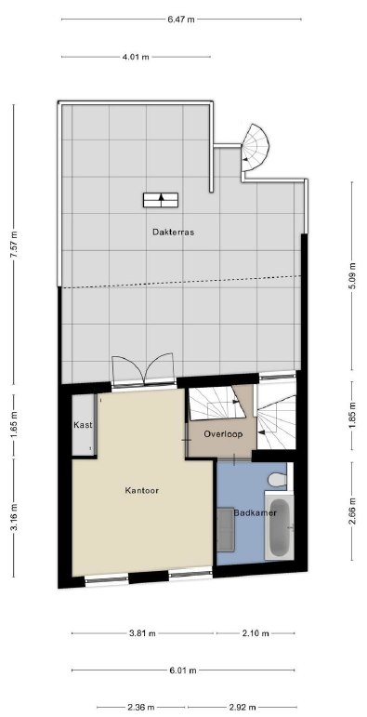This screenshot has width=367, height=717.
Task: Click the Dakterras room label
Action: [173, 232]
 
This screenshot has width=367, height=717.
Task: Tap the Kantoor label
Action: [141, 491]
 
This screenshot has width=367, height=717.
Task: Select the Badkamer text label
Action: [255, 513]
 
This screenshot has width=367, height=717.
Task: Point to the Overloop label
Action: [223, 434]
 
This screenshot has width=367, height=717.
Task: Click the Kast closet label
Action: [83, 425]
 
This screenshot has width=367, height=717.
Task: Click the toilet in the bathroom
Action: [277, 480]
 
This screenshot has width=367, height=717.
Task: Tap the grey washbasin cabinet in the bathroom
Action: [226, 529]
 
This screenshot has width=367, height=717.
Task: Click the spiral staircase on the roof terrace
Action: [255, 148]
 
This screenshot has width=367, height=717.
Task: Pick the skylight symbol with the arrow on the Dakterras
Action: [161, 200]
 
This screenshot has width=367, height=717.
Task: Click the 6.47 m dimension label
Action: [181, 20]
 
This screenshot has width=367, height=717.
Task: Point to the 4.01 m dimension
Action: [137, 57]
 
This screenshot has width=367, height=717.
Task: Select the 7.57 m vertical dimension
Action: [14, 245]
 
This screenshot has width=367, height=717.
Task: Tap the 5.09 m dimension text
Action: [352, 276]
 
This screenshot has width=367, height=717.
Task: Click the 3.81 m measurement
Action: [142, 633]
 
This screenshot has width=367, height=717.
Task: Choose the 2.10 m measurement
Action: [256, 633]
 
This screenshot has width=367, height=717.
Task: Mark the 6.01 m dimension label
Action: [183, 671]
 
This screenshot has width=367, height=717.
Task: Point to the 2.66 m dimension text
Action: [352, 511]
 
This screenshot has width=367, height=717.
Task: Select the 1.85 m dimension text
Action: [352, 416]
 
